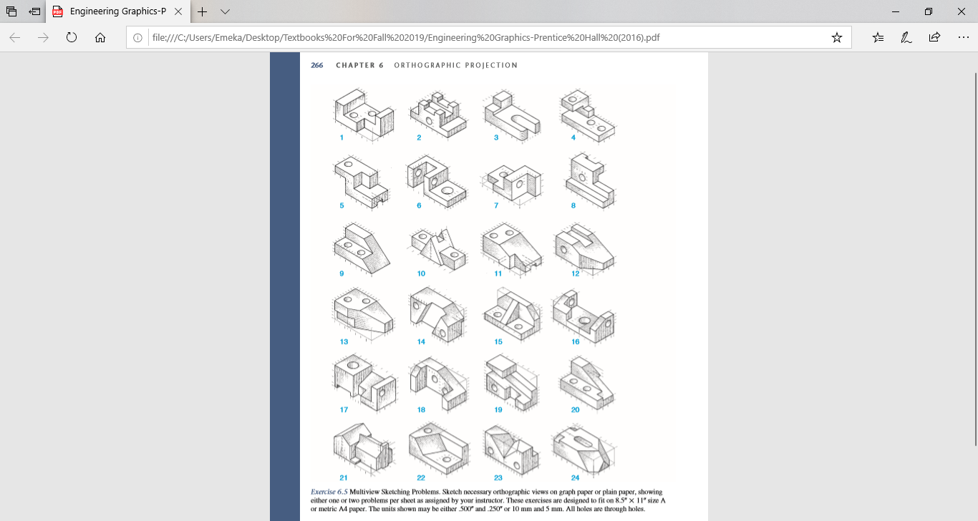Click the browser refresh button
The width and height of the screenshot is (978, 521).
point(72,38)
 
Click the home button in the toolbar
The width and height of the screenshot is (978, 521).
point(100,38)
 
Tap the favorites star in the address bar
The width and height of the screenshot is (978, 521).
point(836,38)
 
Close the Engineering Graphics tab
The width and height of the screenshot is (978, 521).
point(178,12)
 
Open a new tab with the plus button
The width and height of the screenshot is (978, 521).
point(203,12)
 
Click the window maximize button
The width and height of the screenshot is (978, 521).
point(929,11)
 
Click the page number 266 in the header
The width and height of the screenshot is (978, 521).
point(316,65)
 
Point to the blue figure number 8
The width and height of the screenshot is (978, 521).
point(573,205)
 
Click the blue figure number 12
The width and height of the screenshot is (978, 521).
point(575,273)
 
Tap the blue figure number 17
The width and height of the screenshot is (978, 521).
point(344,409)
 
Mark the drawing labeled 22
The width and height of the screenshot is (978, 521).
point(437,448)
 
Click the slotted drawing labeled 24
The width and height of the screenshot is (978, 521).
point(584,449)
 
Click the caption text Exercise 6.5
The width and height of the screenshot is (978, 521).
point(329,492)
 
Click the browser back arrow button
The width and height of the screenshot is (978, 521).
point(15,38)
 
